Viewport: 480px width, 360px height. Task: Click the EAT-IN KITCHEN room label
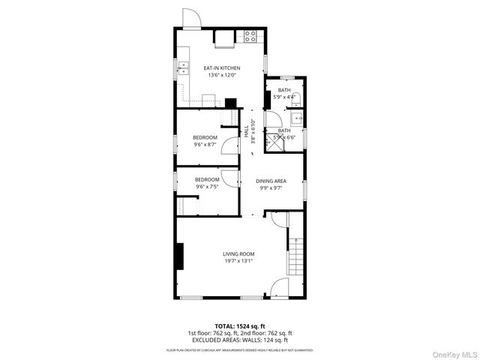pos(221,68)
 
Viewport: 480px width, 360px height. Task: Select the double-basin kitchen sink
pos(182,69)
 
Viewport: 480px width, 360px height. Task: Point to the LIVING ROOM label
pos(238,254)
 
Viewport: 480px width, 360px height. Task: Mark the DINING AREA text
pos(271,181)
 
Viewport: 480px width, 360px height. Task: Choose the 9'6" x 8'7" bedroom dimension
pos(205,144)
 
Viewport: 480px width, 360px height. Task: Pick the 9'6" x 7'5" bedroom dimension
pos(206,187)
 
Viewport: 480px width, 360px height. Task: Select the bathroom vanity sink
pos(296,117)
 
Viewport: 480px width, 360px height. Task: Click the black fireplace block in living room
pos(179,255)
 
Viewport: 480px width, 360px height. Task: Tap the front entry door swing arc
pos(279,288)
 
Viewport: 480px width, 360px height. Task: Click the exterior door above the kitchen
pos(191,19)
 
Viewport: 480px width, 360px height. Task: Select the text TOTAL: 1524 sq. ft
pos(239,325)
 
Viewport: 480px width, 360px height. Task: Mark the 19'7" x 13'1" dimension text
pos(238,261)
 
